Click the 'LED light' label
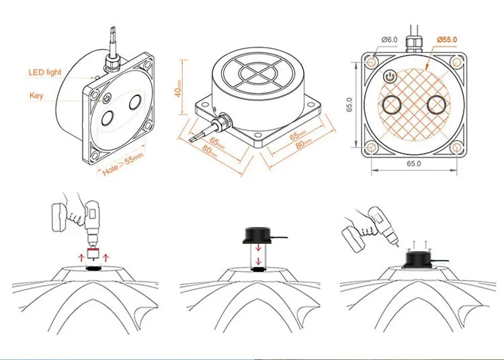pos(44,73)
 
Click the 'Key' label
pos(36,95)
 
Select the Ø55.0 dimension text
pos(447,40)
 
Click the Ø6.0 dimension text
pos(390,40)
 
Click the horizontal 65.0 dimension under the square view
pos(414,163)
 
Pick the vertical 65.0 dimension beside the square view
pos(349,105)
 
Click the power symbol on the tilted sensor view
pos(107,98)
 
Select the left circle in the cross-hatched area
pos(392,104)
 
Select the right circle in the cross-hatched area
pos(437,104)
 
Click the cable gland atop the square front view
pos(414,44)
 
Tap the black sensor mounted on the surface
pos(419,260)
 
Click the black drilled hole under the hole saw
pos(94,269)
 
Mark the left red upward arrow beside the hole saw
pos(81,257)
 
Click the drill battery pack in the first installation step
pos(59,218)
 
